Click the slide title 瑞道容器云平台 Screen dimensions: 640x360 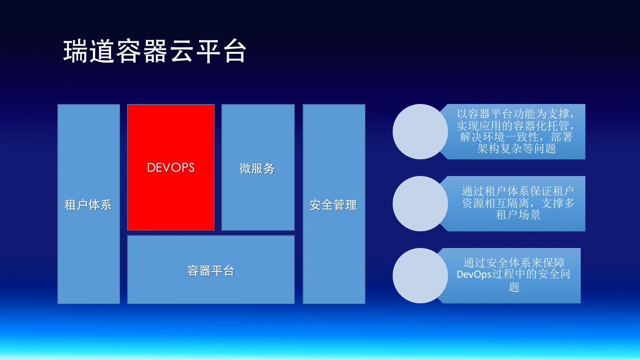pos(155,51)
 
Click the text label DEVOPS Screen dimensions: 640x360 pos(171,168)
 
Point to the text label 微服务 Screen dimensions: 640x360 pos(257,168)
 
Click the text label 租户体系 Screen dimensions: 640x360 pos(88,205)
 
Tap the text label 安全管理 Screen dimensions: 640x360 pos(333,205)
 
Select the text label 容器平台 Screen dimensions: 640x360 pos(211,271)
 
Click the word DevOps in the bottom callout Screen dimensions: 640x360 pos(474,275)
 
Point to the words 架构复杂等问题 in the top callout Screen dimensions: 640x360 pos(516,148)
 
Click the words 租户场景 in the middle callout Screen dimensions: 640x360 pos(518,215)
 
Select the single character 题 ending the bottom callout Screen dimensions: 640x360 pos(514,287)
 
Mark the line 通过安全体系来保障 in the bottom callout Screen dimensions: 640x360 pos(514,263)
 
